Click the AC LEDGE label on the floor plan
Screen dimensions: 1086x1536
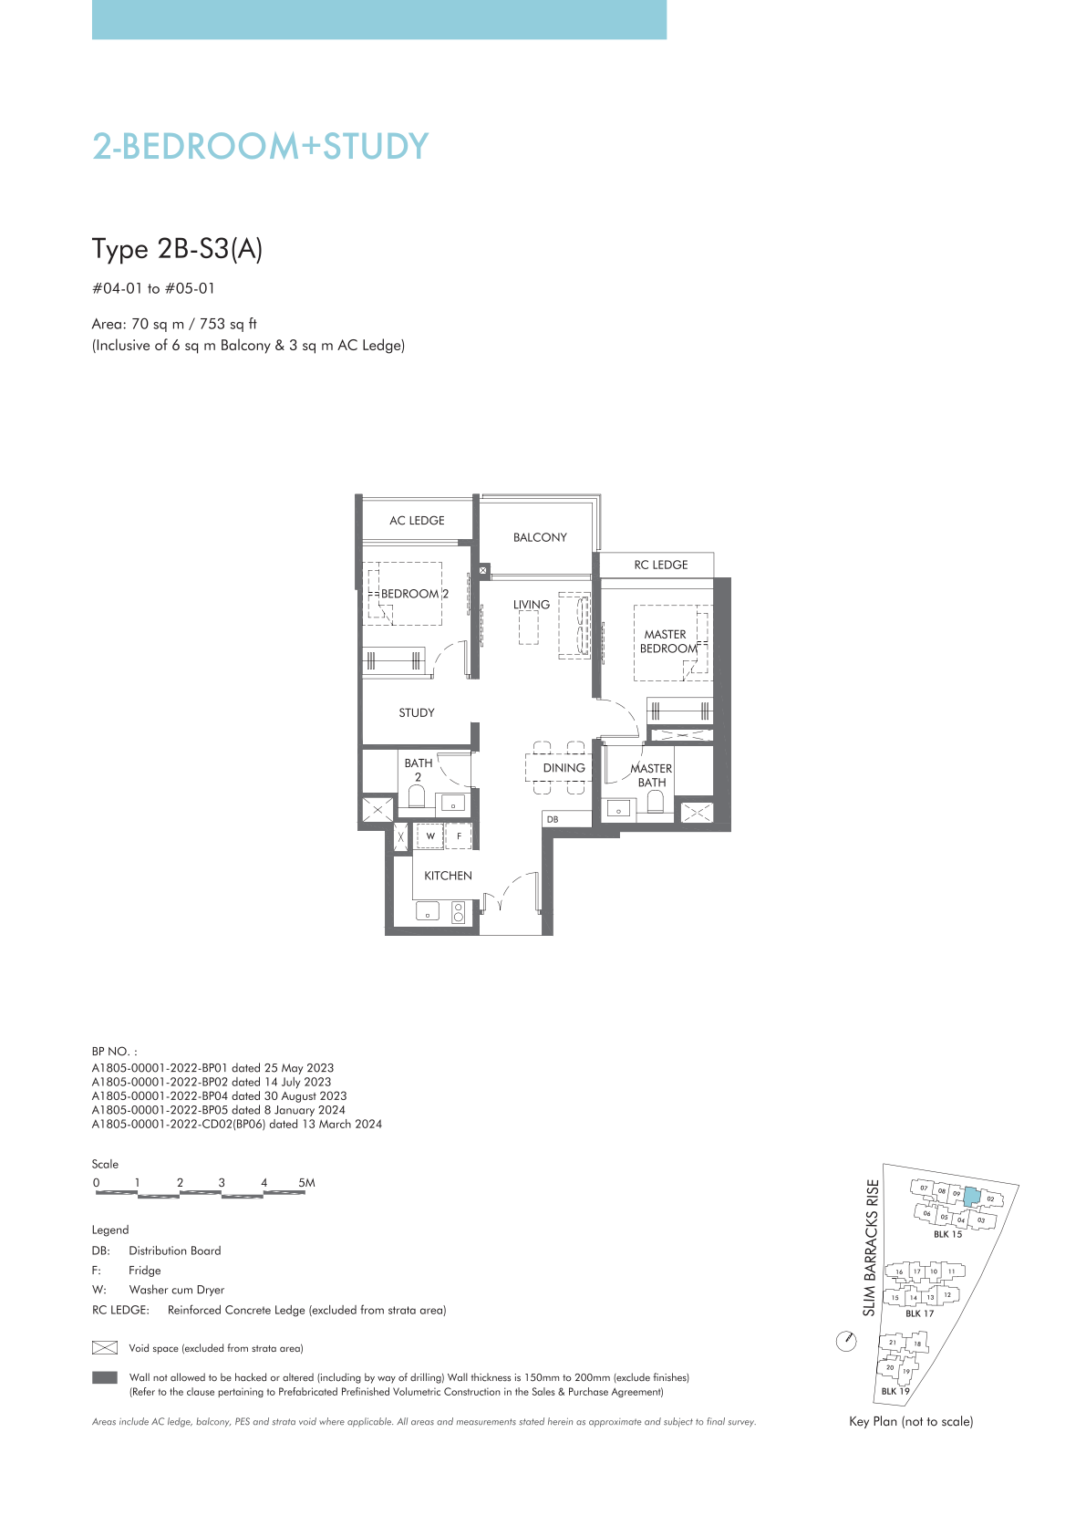[x=417, y=521]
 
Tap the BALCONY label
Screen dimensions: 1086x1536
[x=540, y=537]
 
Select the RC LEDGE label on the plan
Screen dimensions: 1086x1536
[x=661, y=565]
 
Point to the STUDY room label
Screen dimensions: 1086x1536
[x=417, y=713]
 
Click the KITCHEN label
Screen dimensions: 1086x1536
[x=449, y=876]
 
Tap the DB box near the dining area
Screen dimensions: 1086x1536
[x=567, y=819]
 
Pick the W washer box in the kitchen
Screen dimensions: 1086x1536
[x=430, y=835]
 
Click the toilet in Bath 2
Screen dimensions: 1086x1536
[x=417, y=797]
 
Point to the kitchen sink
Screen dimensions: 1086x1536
[x=428, y=911]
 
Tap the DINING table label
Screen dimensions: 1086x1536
[x=564, y=768]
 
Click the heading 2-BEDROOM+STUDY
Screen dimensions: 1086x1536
[x=261, y=146]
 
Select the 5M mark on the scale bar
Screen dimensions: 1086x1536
[x=306, y=1183]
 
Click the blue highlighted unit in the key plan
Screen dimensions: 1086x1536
[x=971, y=1198]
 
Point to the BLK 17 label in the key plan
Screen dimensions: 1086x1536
[x=919, y=1313]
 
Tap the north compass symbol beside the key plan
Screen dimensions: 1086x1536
[x=847, y=1341]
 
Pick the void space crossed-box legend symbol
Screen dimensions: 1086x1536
[x=105, y=1348]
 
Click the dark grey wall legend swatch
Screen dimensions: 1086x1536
[x=105, y=1377]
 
